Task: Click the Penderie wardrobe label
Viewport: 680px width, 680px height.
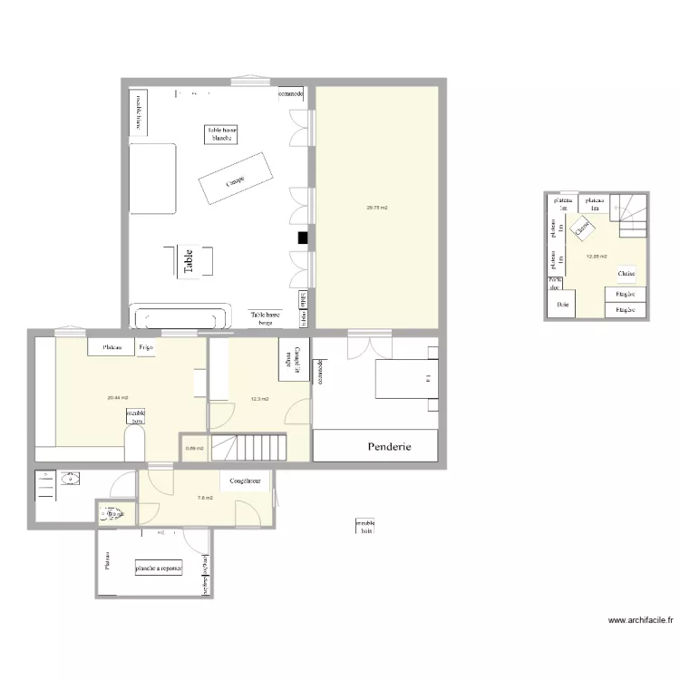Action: pyautogui.click(x=390, y=447)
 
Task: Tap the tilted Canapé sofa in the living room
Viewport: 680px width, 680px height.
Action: pyautogui.click(x=236, y=180)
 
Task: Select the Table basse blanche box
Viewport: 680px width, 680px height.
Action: pyautogui.click(x=222, y=134)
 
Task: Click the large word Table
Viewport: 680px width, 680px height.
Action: pyautogui.click(x=189, y=262)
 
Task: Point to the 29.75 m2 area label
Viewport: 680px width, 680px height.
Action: pyautogui.click(x=376, y=208)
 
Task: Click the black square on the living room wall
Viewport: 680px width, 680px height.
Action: pyautogui.click(x=302, y=238)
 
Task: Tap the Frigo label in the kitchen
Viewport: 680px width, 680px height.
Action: pyautogui.click(x=145, y=347)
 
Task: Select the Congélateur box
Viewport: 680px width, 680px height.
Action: pyautogui.click(x=246, y=481)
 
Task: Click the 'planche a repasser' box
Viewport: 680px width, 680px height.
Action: pyautogui.click(x=160, y=568)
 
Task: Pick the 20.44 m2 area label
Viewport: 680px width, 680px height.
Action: pyautogui.click(x=117, y=398)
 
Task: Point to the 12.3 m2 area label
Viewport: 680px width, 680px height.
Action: pyautogui.click(x=258, y=398)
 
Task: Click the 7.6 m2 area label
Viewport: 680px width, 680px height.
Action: pyautogui.click(x=205, y=497)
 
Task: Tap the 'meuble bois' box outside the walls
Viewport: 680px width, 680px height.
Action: pyautogui.click(x=365, y=527)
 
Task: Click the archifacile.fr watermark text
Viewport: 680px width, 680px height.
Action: pyautogui.click(x=640, y=621)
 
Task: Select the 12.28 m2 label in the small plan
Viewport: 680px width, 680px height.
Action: pyautogui.click(x=597, y=256)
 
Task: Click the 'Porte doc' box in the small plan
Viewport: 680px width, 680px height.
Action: pyautogui.click(x=555, y=285)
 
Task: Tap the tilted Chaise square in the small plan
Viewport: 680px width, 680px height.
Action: pyautogui.click(x=582, y=230)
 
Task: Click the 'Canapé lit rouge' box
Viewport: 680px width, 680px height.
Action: pyautogui.click(x=294, y=359)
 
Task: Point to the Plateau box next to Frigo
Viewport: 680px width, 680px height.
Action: pyautogui.click(x=112, y=347)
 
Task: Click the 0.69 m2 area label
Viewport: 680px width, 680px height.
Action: pyautogui.click(x=194, y=448)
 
